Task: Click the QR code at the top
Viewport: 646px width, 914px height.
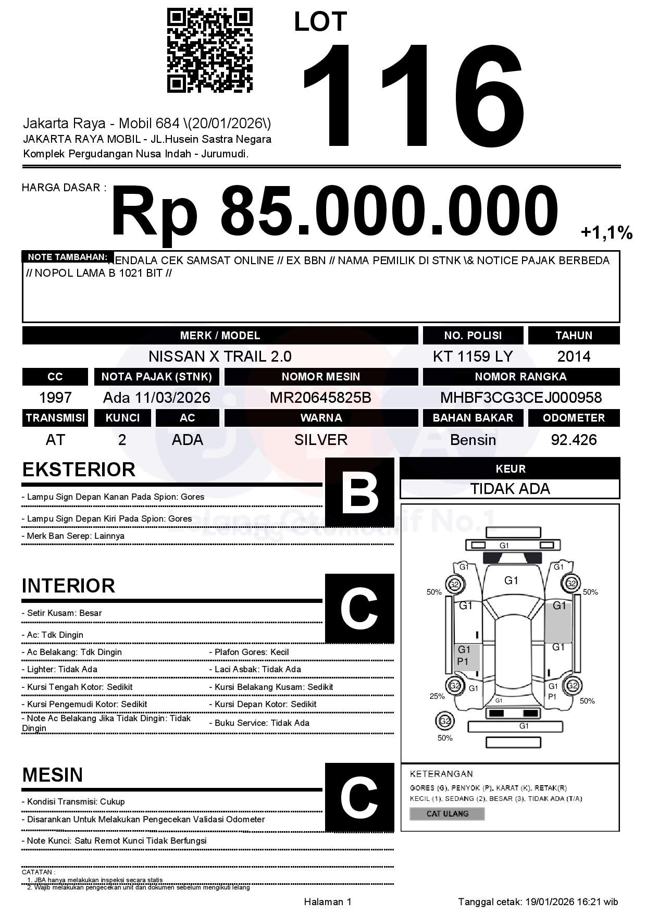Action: (x=209, y=50)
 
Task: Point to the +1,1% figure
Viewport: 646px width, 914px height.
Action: (x=606, y=232)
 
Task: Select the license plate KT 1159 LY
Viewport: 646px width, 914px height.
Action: (x=473, y=356)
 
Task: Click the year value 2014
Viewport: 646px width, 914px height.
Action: (x=574, y=356)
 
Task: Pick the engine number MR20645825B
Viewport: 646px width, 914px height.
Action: (x=320, y=398)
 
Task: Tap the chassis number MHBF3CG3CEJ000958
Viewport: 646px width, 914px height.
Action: (x=521, y=398)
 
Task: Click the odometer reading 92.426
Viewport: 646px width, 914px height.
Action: (x=574, y=440)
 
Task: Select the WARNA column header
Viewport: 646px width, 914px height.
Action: (x=321, y=418)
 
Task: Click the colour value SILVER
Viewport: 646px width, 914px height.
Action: (x=321, y=440)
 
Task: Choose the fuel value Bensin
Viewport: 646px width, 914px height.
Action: (x=473, y=440)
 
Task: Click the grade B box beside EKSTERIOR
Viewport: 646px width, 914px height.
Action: (x=359, y=492)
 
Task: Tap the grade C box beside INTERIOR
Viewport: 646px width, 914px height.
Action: (x=359, y=608)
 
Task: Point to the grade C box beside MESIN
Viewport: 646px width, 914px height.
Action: (x=359, y=797)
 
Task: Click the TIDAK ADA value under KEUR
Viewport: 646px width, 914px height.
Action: (x=510, y=489)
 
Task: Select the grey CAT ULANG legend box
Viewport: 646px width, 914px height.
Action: (x=447, y=813)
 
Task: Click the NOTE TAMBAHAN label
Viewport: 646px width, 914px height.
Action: (x=67, y=257)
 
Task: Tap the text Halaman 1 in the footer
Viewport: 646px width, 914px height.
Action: (x=328, y=901)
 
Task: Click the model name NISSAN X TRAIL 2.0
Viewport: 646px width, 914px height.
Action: (x=220, y=356)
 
